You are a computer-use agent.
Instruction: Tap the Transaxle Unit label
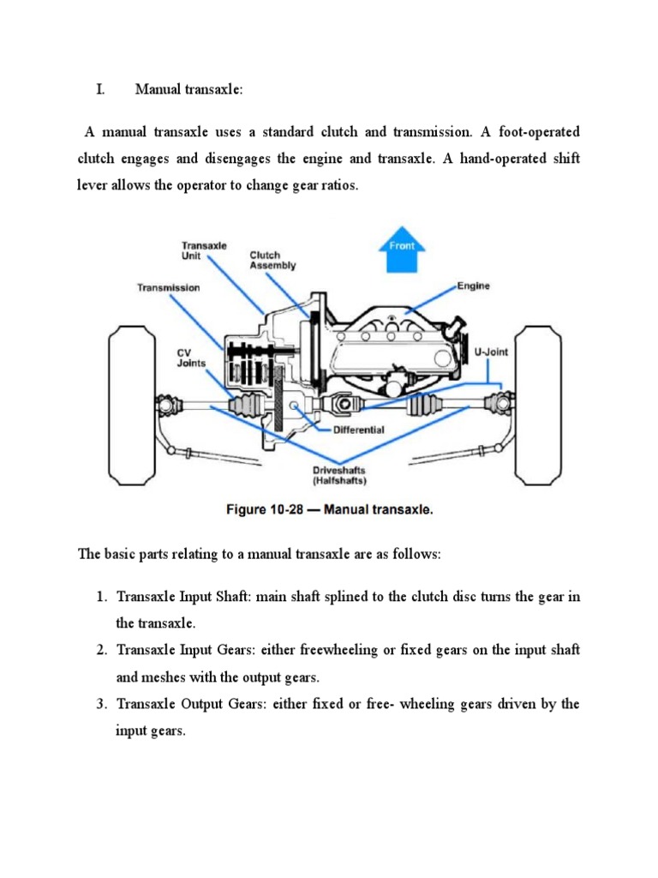(204, 250)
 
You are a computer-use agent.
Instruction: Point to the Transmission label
(169, 288)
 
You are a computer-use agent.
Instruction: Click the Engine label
(472, 286)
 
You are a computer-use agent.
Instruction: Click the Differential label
(357, 430)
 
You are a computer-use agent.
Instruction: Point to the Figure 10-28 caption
(330, 509)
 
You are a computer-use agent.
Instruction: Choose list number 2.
(100, 651)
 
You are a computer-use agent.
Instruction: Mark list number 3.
(100, 705)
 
